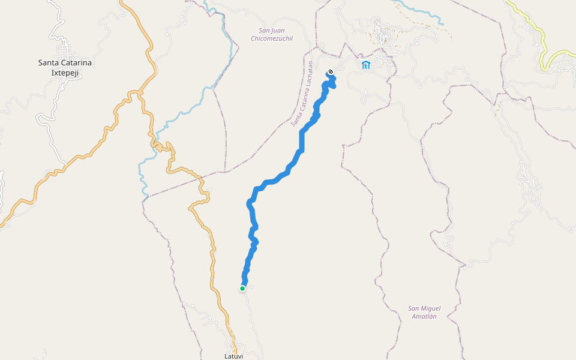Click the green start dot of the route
click(242, 289)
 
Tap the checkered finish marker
click(330, 73)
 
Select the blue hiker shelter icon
click(366, 65)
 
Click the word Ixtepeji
click(59, 73)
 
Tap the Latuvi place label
click(235, 356)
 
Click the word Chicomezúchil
click(272, 38)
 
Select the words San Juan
click(272, 30)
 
